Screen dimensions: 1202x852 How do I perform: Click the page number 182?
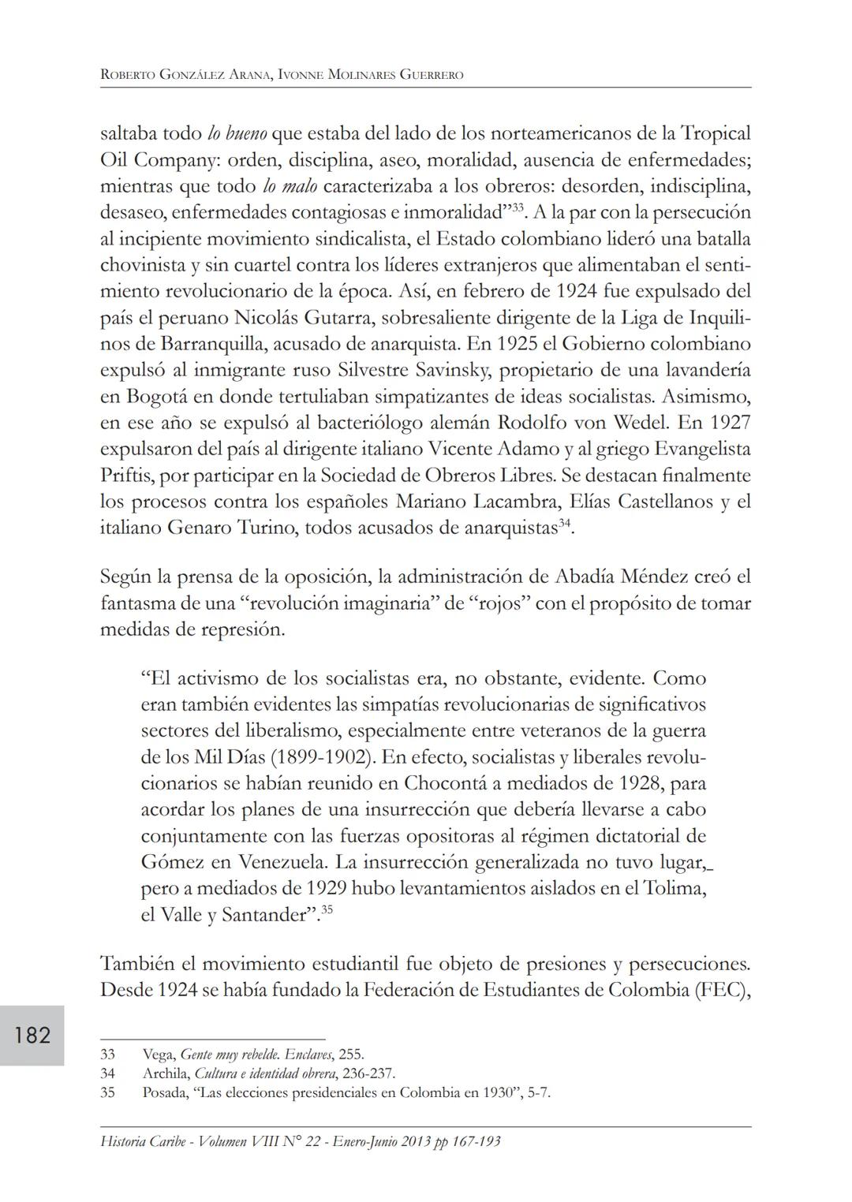pos(32,1035)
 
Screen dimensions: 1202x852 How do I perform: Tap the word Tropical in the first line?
pos(716,133)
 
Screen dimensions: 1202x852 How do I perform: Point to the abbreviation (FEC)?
pos(722,989)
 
